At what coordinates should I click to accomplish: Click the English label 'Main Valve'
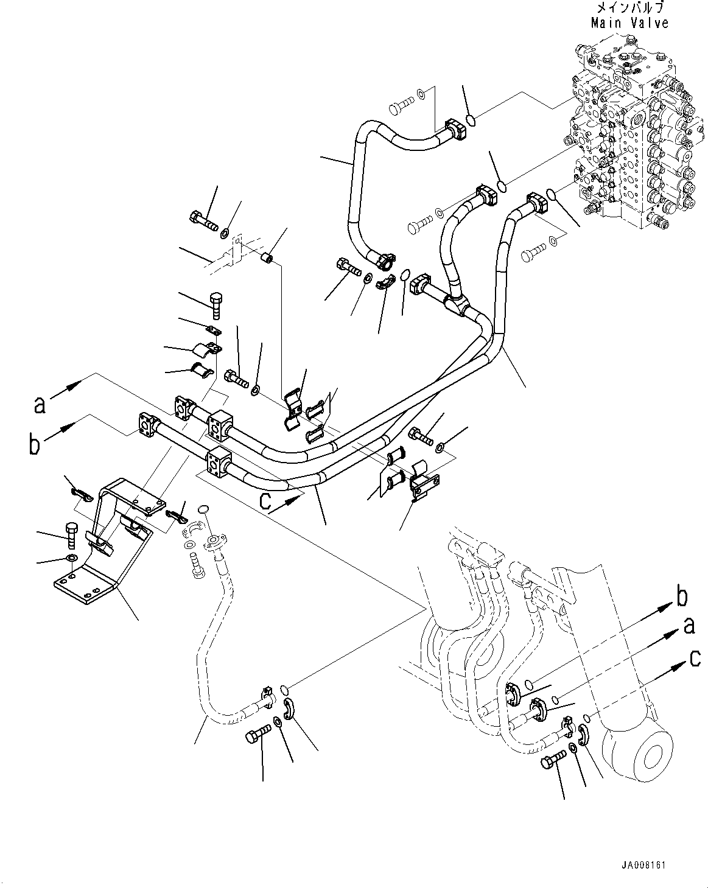(x=629, y=23)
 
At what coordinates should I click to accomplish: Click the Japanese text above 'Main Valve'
(x=629, y=9)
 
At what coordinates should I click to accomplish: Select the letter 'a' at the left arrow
(x=40, y=405)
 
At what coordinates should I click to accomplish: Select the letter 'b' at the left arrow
(x=35, y=445)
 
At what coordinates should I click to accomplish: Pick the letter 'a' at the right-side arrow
(x=689, y=626)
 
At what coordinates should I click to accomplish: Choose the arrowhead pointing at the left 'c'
(x=295, y=498)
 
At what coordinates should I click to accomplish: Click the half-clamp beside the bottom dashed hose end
(x=290, y=710)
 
